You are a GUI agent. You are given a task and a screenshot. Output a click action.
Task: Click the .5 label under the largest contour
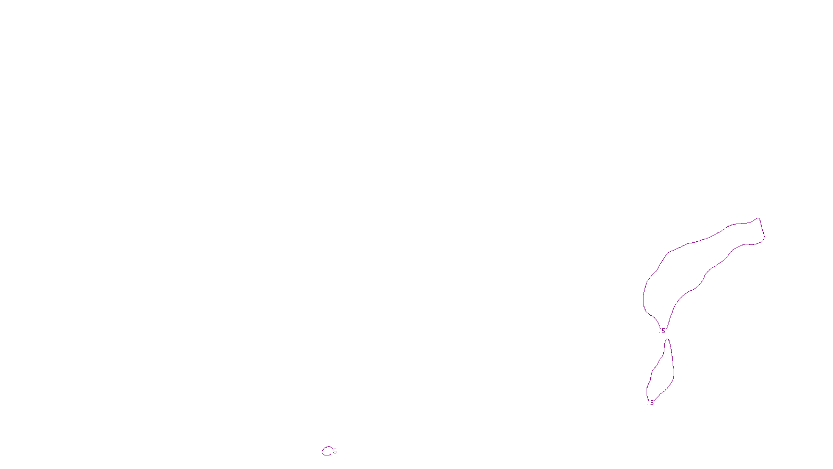pyautogui.click(x=662, y=331)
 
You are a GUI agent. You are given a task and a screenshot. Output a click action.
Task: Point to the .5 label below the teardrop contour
pyautogui.click(x=651, y=403)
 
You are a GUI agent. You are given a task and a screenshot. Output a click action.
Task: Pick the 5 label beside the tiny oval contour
pyautogui.click(x=335, y=451)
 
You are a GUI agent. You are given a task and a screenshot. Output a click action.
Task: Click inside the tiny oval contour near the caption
pyautogui.click(x=327, y=451)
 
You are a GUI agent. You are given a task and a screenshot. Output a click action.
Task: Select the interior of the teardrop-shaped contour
pyautogui.click(x=662, y=373)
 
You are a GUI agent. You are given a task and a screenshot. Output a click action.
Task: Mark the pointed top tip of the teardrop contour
pyautogui.click(x=667, y=340)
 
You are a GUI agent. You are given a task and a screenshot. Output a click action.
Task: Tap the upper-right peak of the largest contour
pyautogui.click(x=759, y=219)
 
